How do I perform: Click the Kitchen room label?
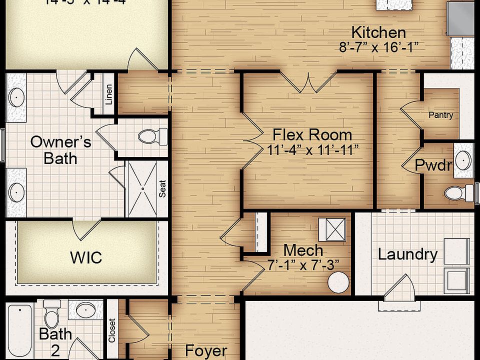click(378, 33)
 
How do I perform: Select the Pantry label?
click(441, 115)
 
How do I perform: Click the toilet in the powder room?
click(457, 192)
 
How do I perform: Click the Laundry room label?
click(407, 254)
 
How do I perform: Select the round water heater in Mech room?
click(338, 282)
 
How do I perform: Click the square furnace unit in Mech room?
click(331, 229)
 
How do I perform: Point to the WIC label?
click(86, 257)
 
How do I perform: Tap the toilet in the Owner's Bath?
click(152, 136)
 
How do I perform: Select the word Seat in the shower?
click(162, 188)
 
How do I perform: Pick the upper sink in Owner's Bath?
click(16, 97)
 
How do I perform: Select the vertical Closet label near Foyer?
click(112, 330)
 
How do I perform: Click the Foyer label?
click(206, 351)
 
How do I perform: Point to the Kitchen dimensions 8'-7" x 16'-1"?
click(378, 47)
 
